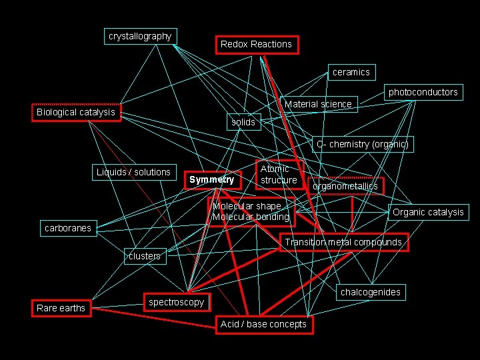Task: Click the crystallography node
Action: (140, 36)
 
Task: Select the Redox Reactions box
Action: (256, 45)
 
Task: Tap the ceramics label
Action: (351, 72)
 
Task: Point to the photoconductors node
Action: (423, 92)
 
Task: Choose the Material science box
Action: (318, 104)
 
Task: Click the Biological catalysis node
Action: (76, 112)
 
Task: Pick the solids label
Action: (243, 122)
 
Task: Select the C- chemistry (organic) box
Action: (362, 144)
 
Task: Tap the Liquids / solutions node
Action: (133, 172)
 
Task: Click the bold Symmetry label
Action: (211, 179)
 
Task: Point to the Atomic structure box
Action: (279, 175)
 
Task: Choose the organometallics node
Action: (345, 186)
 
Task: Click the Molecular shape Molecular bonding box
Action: (251, 211)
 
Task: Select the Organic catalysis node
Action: (428, 213)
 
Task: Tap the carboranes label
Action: (68, 228)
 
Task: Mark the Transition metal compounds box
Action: (343, 242)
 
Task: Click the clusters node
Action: (145, 256)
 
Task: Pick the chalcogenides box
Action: (371, 292)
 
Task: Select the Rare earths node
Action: (61, 308)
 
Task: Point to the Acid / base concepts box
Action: (263, 324)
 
